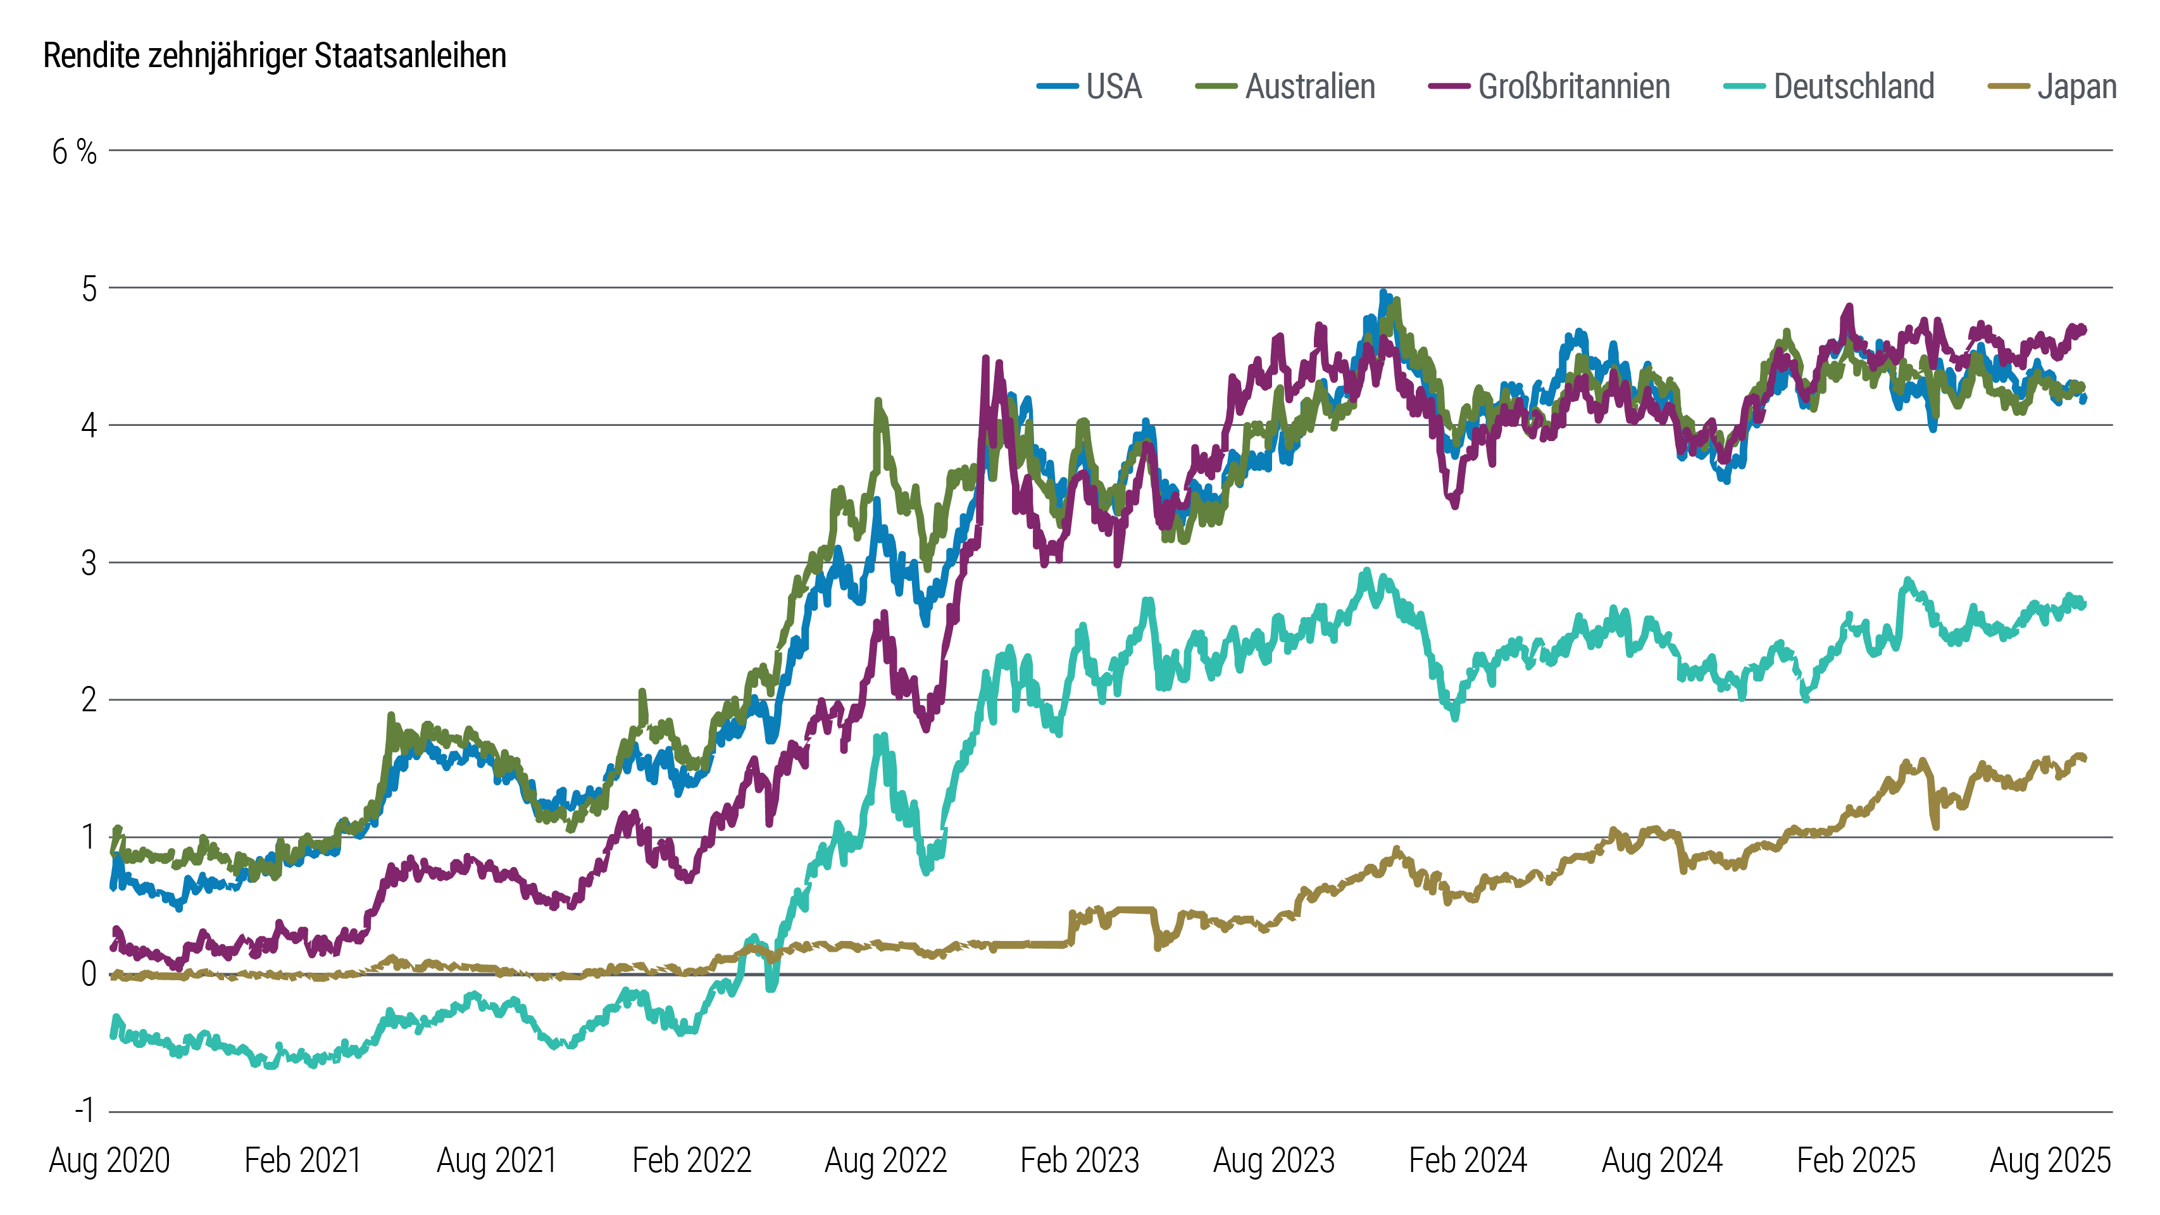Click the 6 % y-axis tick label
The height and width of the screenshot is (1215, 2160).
[74, 153]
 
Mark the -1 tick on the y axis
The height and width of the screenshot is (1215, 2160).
[85, 1112]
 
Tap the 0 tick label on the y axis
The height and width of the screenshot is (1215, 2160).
[89, 975]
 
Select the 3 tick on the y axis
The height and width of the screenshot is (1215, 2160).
[89, 563]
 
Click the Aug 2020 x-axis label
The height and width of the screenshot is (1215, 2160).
[110, 1161]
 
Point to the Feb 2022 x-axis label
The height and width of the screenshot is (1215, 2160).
[691, 1161]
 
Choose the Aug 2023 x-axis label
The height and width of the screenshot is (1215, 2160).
[1274, 1161]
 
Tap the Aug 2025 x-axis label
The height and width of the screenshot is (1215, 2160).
[2049, 1161]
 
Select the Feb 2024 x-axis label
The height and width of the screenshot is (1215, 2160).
[1468, 1161]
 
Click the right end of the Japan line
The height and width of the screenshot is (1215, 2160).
[2085, 759]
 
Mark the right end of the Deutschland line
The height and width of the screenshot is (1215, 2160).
[2085, 604]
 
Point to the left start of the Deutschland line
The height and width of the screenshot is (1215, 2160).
[113, 1035]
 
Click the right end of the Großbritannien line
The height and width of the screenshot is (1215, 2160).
[2085, 330]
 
